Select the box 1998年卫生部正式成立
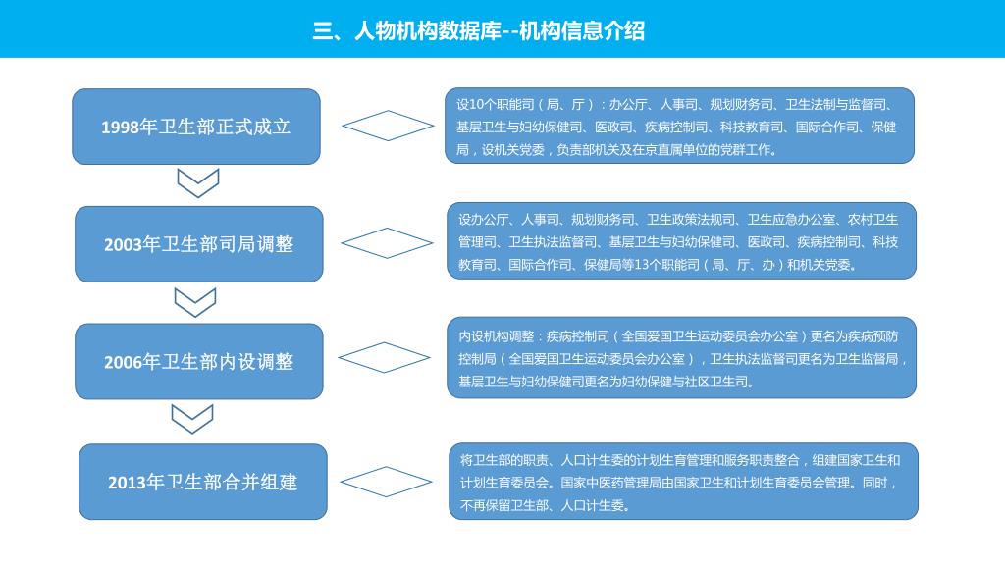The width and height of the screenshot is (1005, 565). pyautogui.click(x=196, y=127)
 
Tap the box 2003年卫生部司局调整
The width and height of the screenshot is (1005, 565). pyautogui.click(x=199, y=244)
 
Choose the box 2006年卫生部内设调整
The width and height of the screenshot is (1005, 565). pyautogui.click(x=199, y=362)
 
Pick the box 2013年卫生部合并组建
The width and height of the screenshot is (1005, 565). pyautogui.click(x=203, y=482)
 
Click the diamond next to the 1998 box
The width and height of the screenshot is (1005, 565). pyautogui.click(x=387, y=126)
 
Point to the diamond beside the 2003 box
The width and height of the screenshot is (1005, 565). pyautogui.click(x=387, y=243)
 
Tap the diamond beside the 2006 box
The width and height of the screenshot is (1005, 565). pyautogui.click(x=384, y=358)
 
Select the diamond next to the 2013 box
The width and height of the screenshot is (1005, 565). pyautogui.click(x=386, y=482)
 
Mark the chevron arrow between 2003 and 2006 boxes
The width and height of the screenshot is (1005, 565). pyautogui.click(x=195, y=302)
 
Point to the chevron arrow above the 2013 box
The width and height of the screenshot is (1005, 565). pyautogui.click(x=192, y=419)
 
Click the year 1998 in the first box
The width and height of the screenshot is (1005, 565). pyautogui.click(x=121, y=128)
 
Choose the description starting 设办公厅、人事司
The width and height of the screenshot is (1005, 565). pyautogui.click(x=681, y=241)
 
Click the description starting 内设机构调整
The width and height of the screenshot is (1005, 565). pyautogui.click(x=681, y=358)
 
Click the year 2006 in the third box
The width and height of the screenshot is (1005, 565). pyautogui.click(x=124, y=363)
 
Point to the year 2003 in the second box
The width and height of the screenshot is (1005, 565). pyautogui.click(x=124, y=245)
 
